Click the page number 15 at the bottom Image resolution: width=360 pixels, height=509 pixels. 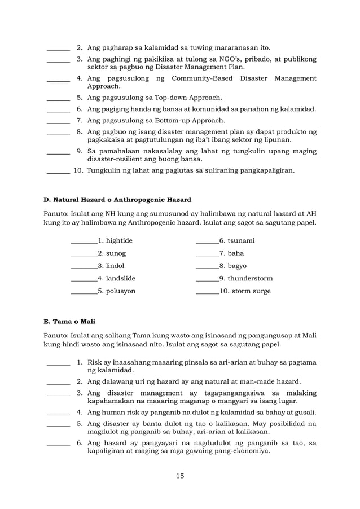coord(180,475)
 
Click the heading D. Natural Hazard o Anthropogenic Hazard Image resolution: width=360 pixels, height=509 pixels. coord(117,199)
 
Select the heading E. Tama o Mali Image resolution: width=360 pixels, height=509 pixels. coord(69,322)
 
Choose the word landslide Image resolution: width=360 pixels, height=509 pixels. coord(116,278)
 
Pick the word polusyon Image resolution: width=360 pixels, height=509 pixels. coord(116,291)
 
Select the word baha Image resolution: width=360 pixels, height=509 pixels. coord(227,253)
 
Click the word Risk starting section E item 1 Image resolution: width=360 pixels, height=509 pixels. coord(96,362)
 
